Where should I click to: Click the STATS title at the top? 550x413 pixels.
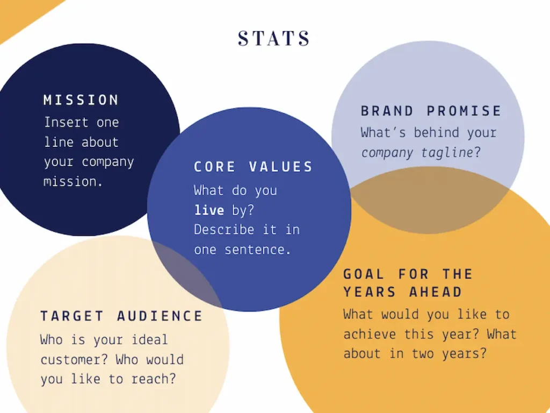click(x=274, y=38)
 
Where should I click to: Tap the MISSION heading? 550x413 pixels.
click(x=81, y=100)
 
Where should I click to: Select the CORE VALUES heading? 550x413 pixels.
click(x=253, y=167)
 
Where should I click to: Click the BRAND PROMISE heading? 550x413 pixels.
click(x=431, y=111)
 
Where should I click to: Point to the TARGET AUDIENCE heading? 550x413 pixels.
click(x=122, y=316)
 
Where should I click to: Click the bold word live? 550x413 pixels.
click(x=209, y=210)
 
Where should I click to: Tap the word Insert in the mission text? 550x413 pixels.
click(x=66, y=122)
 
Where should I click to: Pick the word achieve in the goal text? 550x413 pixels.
click(x=370, y=333)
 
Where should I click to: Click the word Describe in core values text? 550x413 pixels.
click(x=224, y=230)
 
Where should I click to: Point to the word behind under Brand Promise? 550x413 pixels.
click(x=436, y=132)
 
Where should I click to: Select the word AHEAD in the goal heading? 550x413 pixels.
click(x=436, y=292)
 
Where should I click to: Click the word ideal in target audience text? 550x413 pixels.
click(x=150, y=340)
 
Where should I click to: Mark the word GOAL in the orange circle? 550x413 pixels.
click(x=364, y=274)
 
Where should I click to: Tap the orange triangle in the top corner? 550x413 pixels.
click(x=21, y=14)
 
